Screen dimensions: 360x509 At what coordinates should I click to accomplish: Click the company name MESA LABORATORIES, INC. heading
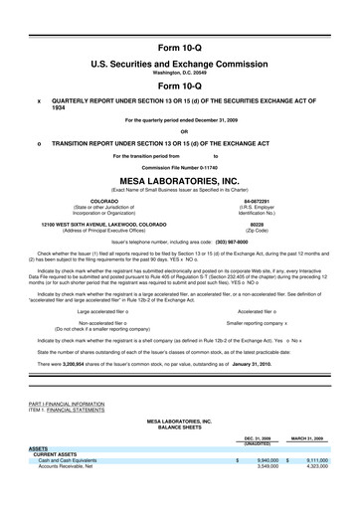pyautogui.click(x=179, y=182)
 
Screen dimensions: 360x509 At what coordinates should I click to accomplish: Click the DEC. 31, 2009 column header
pyautogui.click(x=258, y=437)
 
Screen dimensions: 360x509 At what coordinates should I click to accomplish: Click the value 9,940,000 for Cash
pyautogui.click(x=267, y=460)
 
